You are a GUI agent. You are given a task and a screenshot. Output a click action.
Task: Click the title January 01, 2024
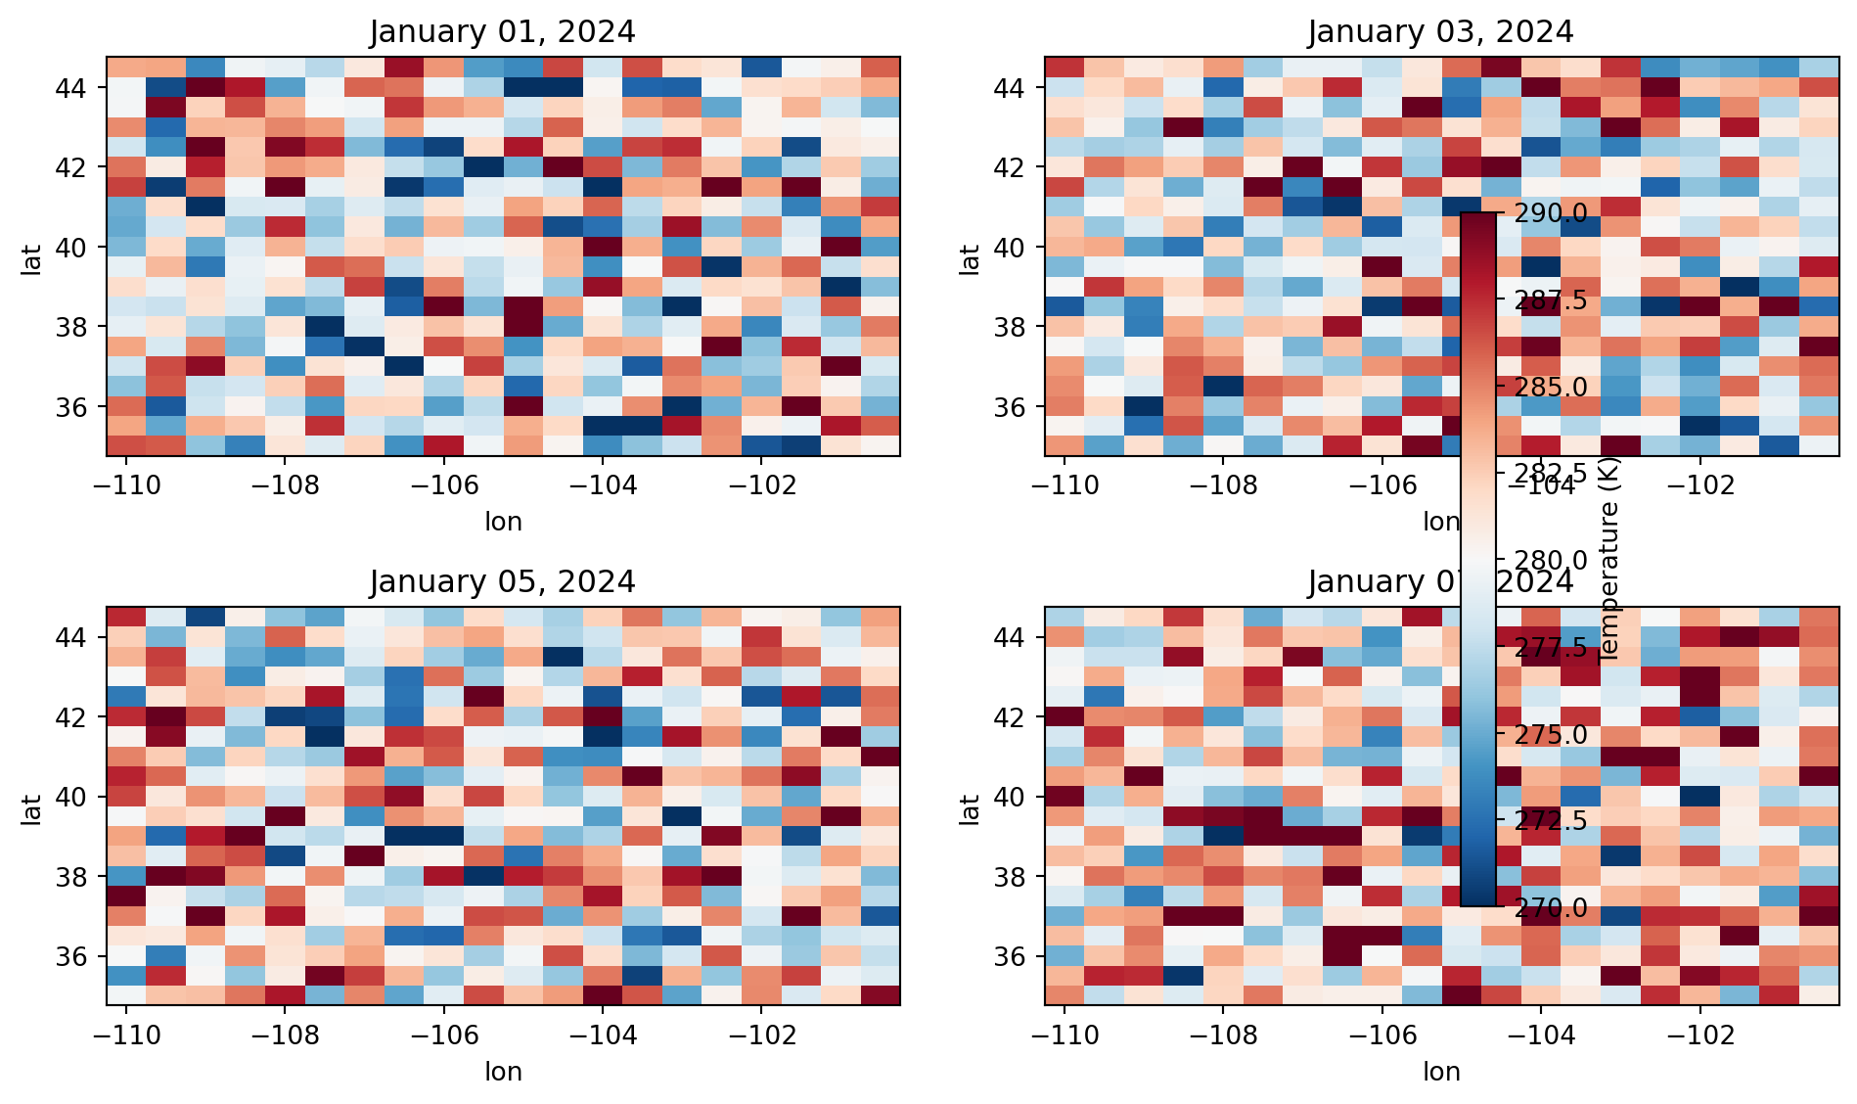point(502,32)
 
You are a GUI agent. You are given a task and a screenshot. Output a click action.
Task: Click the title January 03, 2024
point(1440,32)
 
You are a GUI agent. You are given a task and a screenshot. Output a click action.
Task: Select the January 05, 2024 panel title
point(502,582)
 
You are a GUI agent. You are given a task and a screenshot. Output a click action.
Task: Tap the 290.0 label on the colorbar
point(1551,213)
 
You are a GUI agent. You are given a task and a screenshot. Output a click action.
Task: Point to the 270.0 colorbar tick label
point(1551,907)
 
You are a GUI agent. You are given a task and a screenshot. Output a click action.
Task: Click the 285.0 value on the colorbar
point(1551,388)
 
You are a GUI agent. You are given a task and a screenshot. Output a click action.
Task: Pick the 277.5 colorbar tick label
point(1551,648)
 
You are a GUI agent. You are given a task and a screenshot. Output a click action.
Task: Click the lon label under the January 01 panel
point(503,522)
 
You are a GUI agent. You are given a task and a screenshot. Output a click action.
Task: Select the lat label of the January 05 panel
point(31,808)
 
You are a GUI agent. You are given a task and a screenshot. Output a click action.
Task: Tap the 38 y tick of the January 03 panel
point(1008,327)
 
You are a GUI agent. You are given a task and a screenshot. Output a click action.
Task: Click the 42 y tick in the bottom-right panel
point(1008,717)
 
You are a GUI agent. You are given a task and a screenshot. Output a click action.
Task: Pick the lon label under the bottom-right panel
point(1441,1072)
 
